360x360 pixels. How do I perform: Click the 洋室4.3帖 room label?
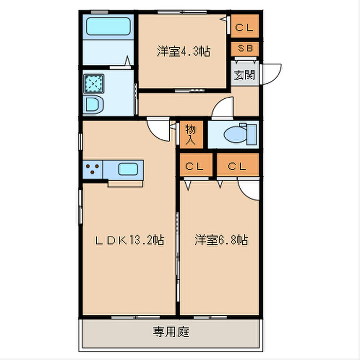(x=184, y=51)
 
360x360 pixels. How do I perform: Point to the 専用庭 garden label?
(x=171, y=332)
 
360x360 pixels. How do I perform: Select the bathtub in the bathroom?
(x=108, y=26)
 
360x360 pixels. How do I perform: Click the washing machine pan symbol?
(x=94, y=83)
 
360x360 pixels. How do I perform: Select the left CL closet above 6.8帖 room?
(x=194, y=166)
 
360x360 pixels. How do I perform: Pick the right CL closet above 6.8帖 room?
(x=237, y=166)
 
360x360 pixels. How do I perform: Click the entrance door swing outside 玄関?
(x=272, y=73)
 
